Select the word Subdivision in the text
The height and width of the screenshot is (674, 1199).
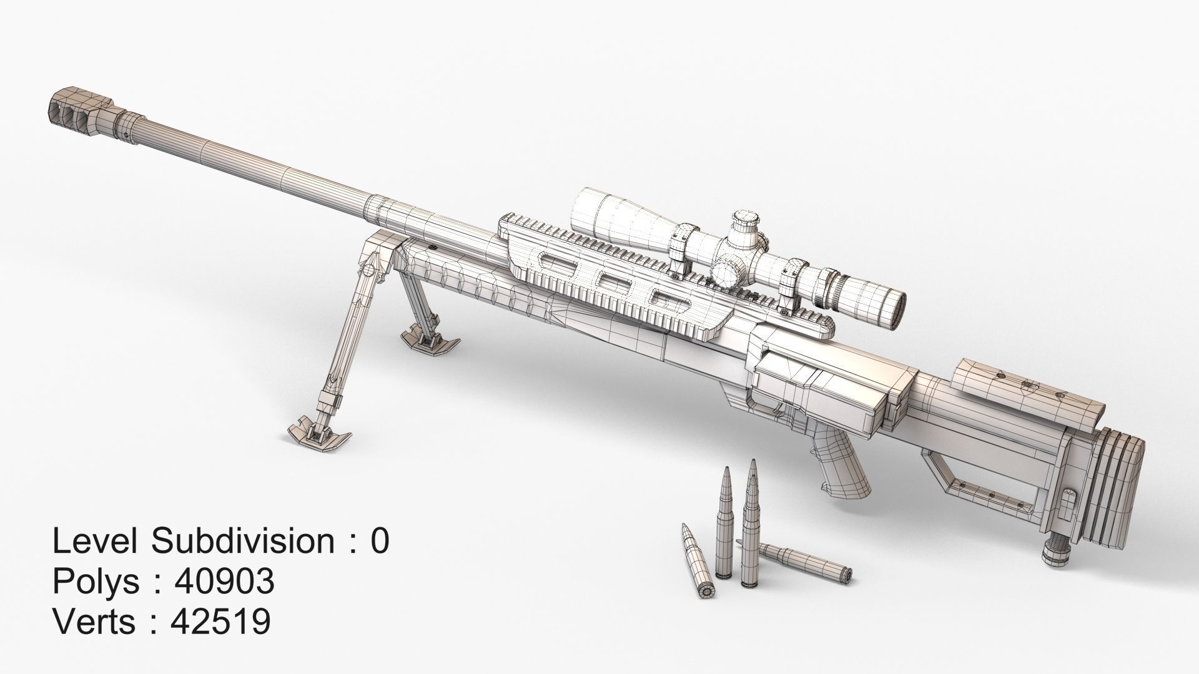click(244, 541)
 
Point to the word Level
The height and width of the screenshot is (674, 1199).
click(95, 541)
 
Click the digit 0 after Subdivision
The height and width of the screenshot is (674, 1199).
click(380, 541)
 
